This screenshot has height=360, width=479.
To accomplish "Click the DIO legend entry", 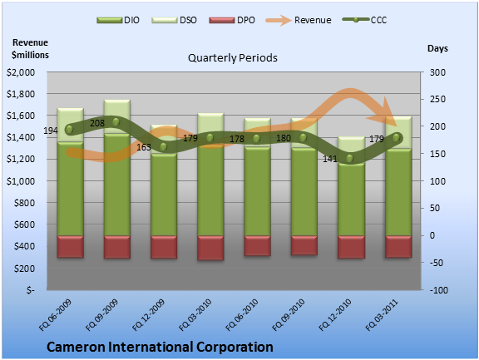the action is point(118,20).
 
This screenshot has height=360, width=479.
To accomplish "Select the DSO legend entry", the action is point(174,20).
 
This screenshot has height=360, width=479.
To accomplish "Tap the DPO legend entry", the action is point(232,20).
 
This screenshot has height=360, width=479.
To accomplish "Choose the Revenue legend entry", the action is point(299,20).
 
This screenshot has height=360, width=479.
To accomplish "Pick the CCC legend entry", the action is point(364,20).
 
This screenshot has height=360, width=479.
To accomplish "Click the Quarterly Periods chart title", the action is point(233,57).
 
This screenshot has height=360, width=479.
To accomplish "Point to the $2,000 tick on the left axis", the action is point(21,72).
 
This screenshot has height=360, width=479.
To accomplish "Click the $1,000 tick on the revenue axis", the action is point(21,181).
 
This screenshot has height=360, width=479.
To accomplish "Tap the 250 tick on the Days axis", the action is point(437,99).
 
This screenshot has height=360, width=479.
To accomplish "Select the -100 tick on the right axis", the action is point(439,290).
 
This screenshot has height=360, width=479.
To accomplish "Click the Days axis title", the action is point(437,48).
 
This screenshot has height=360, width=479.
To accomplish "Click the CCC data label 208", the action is point(97,123).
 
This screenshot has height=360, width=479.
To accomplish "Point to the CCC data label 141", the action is point(330,159).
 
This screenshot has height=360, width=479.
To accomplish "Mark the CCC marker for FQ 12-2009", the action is point(164,147).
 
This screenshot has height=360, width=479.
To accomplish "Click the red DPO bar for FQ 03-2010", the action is point(210,248).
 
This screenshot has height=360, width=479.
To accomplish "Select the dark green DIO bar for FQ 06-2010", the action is point(257,191).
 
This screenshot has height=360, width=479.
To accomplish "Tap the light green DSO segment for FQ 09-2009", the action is point(117,116).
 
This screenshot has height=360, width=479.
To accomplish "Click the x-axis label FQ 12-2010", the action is point(335,315).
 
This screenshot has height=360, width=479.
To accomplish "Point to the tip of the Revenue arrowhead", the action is point(397,126).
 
